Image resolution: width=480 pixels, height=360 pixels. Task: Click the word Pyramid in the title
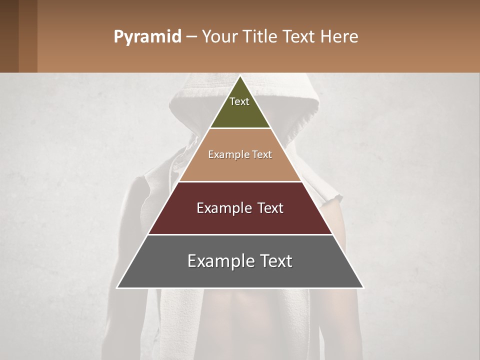(x=147, y=37)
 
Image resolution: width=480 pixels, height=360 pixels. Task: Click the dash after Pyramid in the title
(x=191, y=37)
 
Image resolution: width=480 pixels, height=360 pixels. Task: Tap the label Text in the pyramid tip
(x=239, y=101)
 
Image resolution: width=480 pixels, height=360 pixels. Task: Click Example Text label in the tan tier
(x=240, y=154)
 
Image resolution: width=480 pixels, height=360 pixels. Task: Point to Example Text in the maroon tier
(x=240, y=208)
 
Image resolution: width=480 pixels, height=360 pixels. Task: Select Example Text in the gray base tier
(x=240, y=261)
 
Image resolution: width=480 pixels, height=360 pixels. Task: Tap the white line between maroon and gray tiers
(x=240, y=234)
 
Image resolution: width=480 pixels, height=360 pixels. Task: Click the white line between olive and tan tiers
(x=240, y=128)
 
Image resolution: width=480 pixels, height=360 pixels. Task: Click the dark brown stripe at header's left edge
(x=9, y=36)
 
